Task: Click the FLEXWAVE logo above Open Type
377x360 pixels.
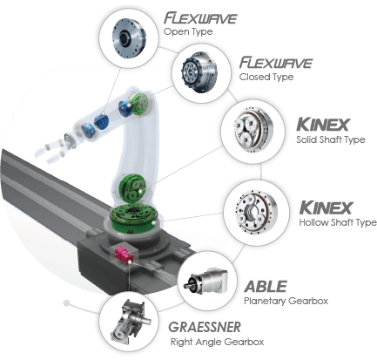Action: tap(200, 18)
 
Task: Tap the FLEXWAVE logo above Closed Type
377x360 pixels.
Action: tap(276, 63)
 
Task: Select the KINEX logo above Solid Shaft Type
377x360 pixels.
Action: tap(323, 125)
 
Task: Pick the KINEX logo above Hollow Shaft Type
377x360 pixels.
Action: tap(326, 207)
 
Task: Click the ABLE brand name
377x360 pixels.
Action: tap(266, 287)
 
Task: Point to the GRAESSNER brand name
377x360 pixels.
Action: tap(205, 327)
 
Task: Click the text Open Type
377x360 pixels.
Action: tap(188, 31)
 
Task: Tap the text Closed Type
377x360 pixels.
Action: tap(266, 77)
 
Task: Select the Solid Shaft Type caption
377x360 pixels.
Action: tap(331, 139)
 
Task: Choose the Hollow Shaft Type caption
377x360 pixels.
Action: tap(338, 223)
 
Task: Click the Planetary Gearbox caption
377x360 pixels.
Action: tap(286, 301)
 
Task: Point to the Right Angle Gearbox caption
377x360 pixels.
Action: tap(217, 342)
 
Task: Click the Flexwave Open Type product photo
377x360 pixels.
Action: tap(129, 38)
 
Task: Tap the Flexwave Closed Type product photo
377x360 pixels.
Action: tap(201, 72)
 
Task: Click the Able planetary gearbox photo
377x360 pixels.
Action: tap(205, 282)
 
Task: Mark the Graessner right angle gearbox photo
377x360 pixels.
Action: tap(130, 323)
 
